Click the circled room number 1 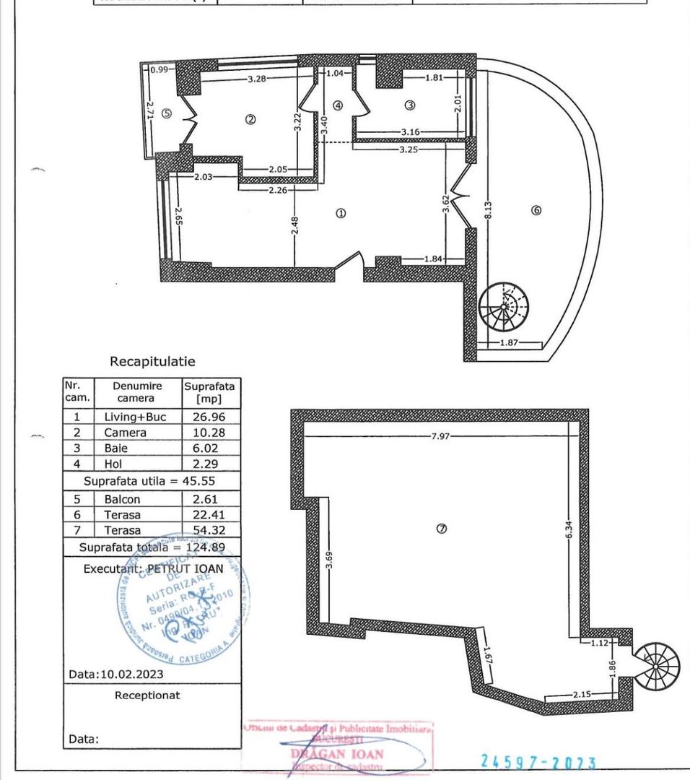coord(341,213)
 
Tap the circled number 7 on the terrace coord(442,529)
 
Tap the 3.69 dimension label coord(329,560)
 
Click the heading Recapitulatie coord(152,361)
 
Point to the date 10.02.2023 coord(116,675)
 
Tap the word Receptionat coord(147,695)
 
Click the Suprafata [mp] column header coord(211,392)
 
